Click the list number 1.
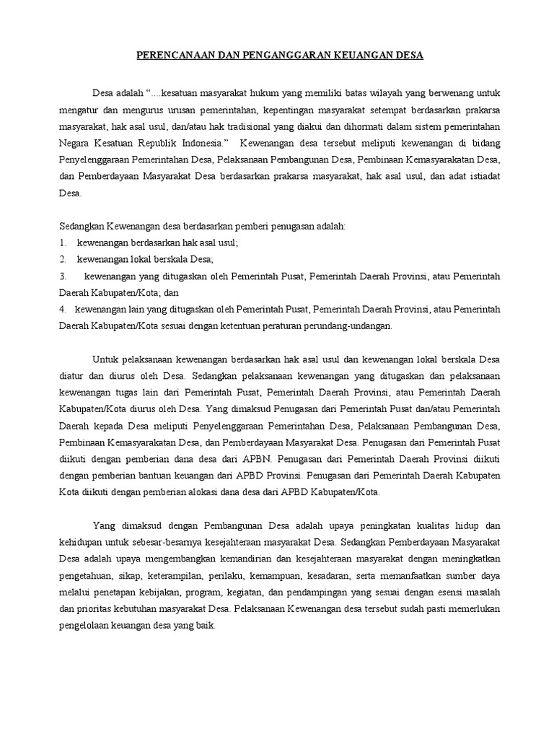click(x=63, y=242)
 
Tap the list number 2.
click(x=63, y=259)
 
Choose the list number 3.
click(x=63, y=276)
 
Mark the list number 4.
click(x=63, y=309)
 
